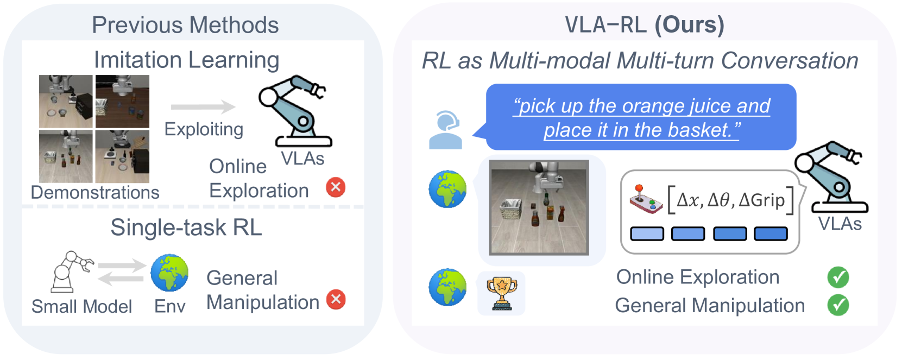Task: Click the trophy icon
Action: click(x=501, y=293)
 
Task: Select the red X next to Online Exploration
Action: click(x=336, y=187)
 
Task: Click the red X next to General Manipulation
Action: click(x=336, y=300)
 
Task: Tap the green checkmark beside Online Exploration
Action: click(x=838, y=277)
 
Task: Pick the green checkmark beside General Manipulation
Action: click(x=838, y=305)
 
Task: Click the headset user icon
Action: click(x=445, y=130)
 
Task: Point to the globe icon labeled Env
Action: click(x=169, y=273)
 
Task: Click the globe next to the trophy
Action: click(x=447, y=288)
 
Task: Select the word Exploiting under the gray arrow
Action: click(x=204, y=130)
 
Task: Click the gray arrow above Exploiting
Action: click(x=203, y=107)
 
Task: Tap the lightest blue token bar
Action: click(x=647, y=233)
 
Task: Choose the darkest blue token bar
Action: click(x=771, y=233)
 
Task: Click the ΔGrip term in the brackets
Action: click(x=762, y=200)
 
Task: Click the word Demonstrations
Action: click(x=95, y=192)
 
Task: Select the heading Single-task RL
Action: click(x=186, y=228)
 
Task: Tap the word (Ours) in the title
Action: click(x=689, y=25)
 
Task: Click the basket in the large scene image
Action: click(x=511, y=210)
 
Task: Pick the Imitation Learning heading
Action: click(x=186, y=60)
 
